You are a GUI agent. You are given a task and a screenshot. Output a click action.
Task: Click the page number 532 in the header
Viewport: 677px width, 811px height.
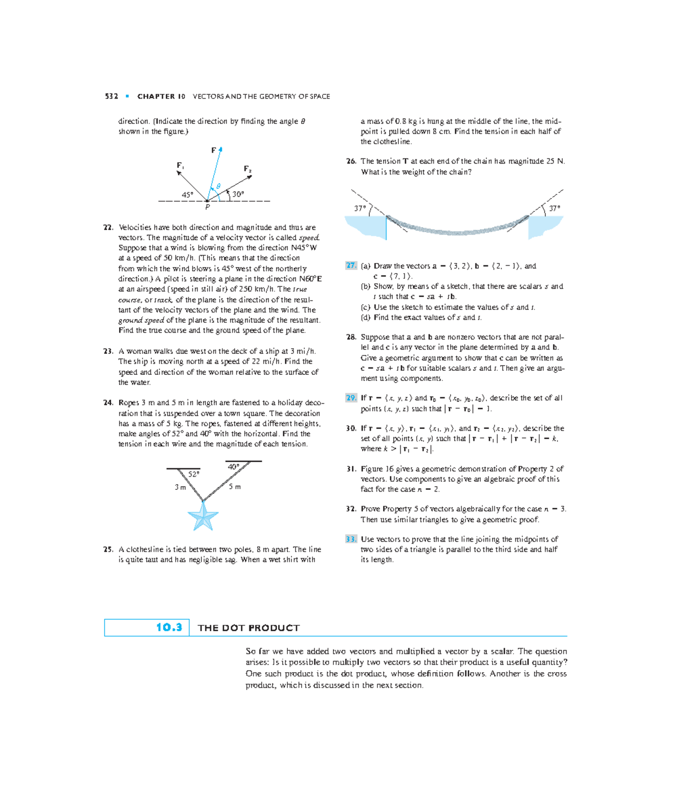point(111,96)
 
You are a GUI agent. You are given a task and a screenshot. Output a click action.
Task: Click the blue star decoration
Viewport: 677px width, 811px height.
point(203,516)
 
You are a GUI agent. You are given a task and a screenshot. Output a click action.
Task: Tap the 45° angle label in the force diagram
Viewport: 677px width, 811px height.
point(187,195)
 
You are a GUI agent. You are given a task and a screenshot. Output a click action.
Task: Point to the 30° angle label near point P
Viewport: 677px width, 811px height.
point(238,194)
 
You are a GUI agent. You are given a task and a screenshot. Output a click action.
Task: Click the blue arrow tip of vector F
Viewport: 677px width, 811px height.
point(221,149)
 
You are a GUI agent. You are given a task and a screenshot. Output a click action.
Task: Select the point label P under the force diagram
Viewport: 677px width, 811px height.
point(208,207)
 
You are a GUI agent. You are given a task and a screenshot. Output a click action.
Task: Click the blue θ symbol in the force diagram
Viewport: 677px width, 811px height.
point(218,187)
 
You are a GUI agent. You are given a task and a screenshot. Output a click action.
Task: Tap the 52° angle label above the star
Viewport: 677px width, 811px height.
point(194,475)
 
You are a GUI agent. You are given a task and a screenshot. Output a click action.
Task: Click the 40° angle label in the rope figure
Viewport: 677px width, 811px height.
point(234,467)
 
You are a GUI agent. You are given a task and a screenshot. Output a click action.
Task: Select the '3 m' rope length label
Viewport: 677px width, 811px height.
point(180,488)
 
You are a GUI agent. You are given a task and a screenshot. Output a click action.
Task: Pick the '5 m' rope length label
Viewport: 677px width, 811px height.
point(235,487)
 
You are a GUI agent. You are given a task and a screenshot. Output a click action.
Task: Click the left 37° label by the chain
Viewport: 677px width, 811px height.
point(360,209)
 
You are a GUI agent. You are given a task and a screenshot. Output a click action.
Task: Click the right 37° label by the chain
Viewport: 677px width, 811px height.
point(555,209)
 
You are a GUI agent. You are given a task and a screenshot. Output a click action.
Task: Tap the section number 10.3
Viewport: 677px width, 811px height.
point(169,627)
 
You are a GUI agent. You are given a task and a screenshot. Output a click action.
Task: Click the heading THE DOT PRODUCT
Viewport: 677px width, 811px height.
point(249,628)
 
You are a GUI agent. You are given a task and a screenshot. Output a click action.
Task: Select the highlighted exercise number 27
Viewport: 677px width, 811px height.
point(351,266)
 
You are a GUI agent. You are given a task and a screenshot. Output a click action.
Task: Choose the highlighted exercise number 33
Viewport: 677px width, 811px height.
point(351,539)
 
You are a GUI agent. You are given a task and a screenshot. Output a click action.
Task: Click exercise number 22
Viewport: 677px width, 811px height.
point(108,228)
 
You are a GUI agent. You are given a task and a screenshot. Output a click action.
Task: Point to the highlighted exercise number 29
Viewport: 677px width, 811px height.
point(351,398)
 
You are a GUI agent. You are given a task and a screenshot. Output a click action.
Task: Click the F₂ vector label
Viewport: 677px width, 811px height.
point(248,169)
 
